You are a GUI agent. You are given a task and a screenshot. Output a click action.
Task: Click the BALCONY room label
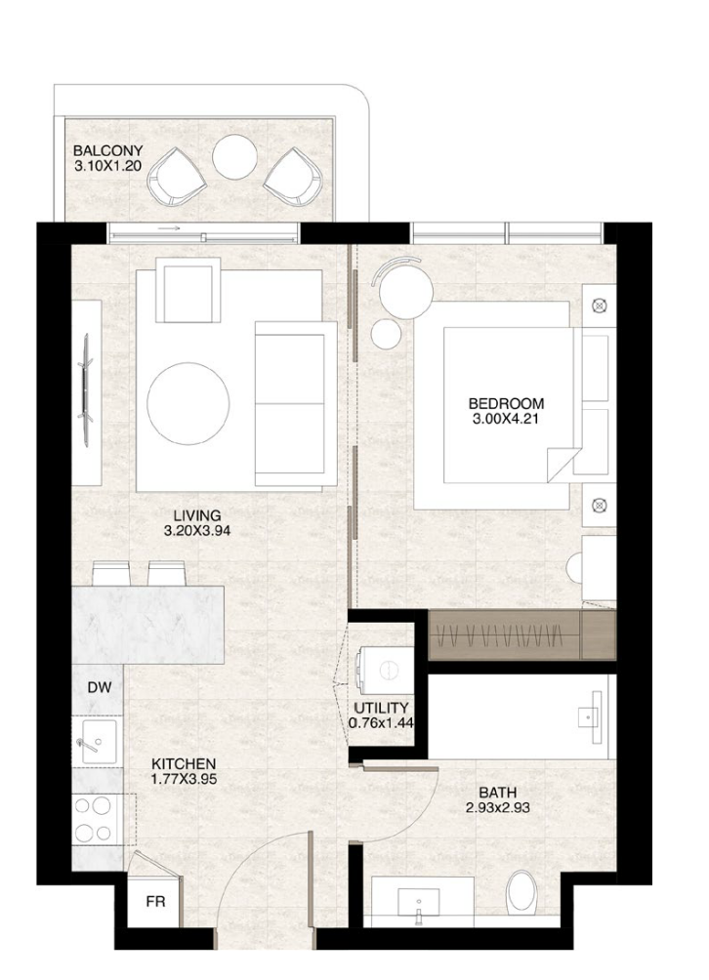[x=107, y=150]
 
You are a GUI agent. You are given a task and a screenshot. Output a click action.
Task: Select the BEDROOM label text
[x=505, y=402]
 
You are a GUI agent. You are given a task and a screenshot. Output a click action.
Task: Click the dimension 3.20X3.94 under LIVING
[x=197, y=531]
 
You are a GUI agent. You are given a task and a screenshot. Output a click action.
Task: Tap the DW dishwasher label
[x=99, y=687]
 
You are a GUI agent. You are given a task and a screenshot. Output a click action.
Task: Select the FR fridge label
[x=155, y=902]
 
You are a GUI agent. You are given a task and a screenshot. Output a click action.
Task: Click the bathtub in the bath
[x=522, y=716]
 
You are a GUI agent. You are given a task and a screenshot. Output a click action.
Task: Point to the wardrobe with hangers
[x=505, y=632]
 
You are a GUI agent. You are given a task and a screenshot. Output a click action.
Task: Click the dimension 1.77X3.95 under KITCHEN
[x=184, y=779]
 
